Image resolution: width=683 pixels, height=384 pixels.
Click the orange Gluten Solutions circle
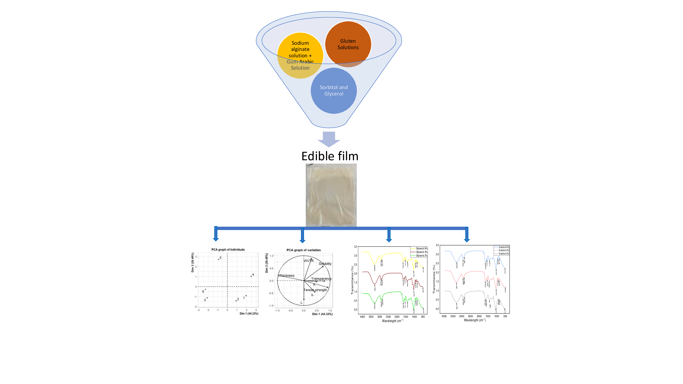348,44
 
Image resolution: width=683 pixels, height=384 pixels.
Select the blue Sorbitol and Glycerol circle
333,91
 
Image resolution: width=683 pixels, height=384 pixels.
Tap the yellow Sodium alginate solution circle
300,55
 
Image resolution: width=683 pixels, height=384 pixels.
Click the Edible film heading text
330,156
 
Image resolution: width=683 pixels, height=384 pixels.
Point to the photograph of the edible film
331,195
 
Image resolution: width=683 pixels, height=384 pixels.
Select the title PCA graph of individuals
228,250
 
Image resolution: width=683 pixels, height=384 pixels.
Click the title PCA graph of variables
303,250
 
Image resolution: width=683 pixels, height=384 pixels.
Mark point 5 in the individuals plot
218,259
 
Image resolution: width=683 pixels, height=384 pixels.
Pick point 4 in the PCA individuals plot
251,276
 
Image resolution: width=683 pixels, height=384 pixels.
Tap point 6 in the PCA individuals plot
205,289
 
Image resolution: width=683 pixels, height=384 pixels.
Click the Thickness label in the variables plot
287,276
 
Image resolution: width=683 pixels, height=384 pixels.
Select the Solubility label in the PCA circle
325,264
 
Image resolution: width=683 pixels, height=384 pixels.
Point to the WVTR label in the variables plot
309,261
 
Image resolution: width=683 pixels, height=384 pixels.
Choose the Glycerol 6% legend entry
421,249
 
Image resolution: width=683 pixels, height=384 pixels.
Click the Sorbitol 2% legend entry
503,254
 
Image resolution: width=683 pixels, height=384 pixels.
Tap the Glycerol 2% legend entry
421,256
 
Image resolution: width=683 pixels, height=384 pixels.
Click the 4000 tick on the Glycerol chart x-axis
362,317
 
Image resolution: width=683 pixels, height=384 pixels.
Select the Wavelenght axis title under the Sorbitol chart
475,320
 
